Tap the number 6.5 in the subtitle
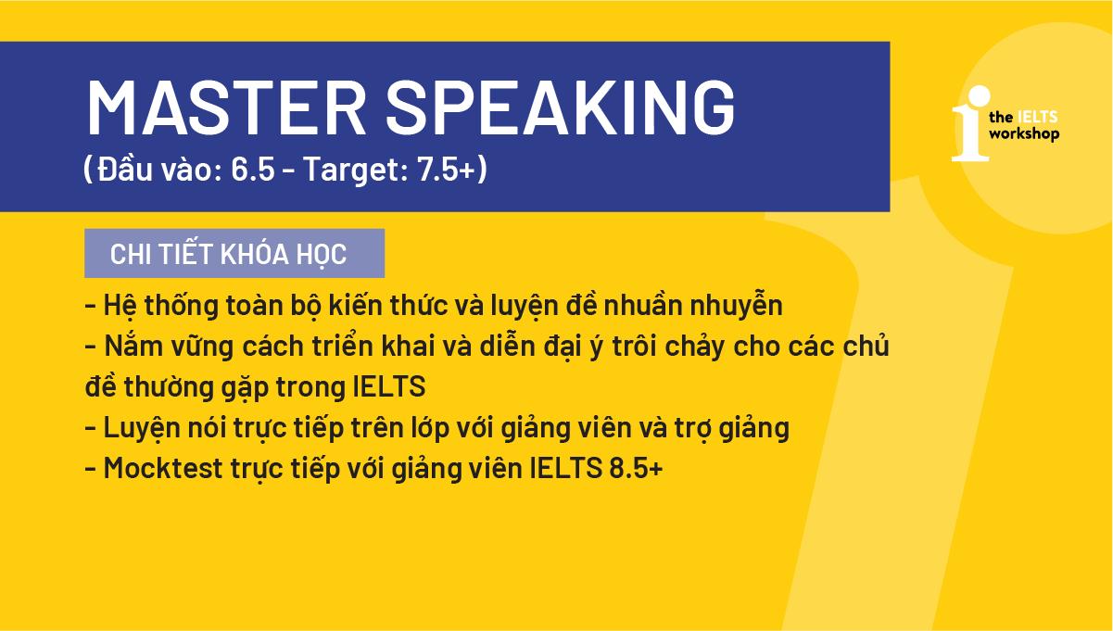tap(253, 171)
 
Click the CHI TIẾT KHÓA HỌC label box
tap(234, 254)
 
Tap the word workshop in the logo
tap(1024, 135)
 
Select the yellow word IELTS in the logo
tap(1037, 118)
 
